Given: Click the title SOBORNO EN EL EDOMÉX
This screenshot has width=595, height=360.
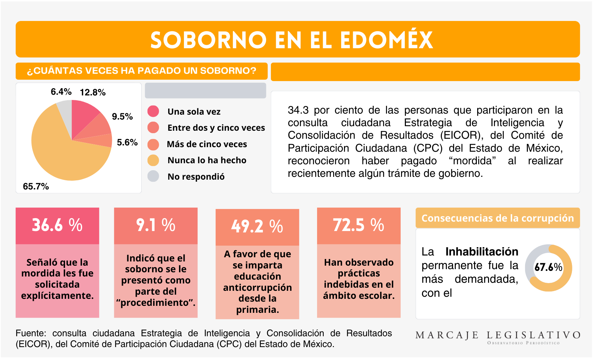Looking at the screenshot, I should coord(292,40).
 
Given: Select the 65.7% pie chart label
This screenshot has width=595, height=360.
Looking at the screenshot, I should coord(36,186).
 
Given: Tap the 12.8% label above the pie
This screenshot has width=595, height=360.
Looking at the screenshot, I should coord(93,92).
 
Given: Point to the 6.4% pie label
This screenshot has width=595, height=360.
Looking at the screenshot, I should coord(61,92).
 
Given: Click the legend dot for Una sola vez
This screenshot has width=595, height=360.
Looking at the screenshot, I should coord(153,111).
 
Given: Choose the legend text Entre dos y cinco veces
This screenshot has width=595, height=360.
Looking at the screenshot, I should coord(216,128).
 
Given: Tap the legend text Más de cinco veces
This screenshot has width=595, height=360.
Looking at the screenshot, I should coord(207,144).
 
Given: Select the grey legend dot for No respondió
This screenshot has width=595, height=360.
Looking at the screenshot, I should coord(153,176).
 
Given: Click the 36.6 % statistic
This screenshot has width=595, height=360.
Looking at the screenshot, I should coord(57,225).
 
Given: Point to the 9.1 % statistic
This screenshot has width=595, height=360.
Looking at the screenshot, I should coord(156,225).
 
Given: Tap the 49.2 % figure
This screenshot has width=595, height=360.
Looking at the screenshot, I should coord(257,226).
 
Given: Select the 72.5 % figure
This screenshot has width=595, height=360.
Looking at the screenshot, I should coord(358,225).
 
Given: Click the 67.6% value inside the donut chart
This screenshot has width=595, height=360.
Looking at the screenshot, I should coord(548,267).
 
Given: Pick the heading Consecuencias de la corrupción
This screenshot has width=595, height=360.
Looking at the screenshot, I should coord(497,218).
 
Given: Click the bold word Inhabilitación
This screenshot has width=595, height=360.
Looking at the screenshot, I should coord(482,252).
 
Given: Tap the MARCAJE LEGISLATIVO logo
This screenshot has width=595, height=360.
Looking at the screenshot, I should coord(498,337).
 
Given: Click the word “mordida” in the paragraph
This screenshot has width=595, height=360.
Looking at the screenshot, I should coord(472,161).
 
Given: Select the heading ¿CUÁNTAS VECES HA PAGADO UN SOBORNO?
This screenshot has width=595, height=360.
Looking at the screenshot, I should coord(142,71).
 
